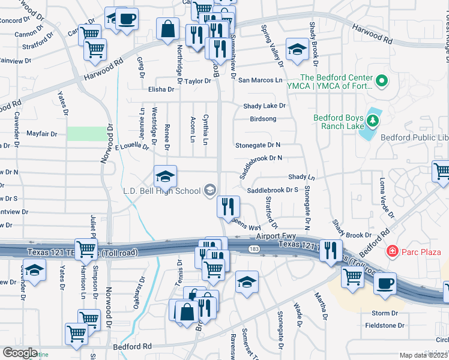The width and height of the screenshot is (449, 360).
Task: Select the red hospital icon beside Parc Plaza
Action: click(x=391, y=250)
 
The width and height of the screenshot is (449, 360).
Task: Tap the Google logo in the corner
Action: click(x=20, y=353)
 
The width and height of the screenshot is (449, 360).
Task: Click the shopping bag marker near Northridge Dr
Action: click(x=168, y=28)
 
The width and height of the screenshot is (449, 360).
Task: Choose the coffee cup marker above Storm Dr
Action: click(x=385, y=283)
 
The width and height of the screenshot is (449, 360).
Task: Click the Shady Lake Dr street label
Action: click(x=264, y=106)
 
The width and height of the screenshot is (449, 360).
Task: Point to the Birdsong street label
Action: click(x=263, y=119)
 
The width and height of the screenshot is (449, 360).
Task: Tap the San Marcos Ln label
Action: click(x=260, y=80)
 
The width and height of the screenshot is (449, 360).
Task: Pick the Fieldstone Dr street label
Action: click(x=385, y=326)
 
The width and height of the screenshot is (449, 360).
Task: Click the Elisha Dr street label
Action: click(x=161, y=89)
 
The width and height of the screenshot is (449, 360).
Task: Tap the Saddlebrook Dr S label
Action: click(x=273, y=190)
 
